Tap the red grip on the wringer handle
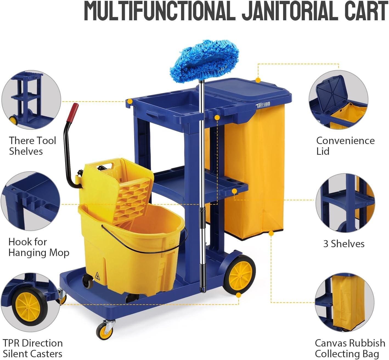[73, 113]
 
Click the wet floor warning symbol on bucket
[97, 276]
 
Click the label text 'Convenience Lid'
[345, 146]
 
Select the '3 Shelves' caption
[344, 244]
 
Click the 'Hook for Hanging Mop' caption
[39, 247]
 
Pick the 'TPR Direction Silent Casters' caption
[33, 348]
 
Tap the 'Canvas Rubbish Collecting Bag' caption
[350, 348]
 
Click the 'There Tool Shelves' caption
[33, 146]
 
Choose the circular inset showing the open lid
[339, 100]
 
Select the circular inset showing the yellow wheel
[30, 302]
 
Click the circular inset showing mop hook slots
[30, 201]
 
